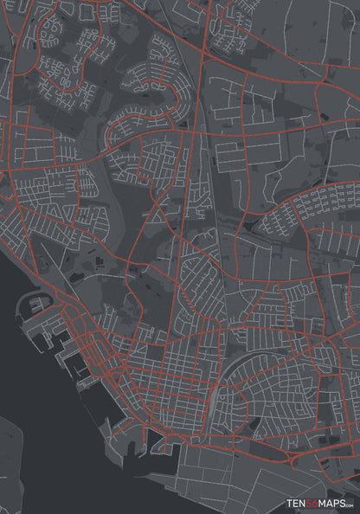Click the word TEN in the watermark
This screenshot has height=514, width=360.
click(x=298, y=503)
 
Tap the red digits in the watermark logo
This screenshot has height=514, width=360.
click(x=313, y=503)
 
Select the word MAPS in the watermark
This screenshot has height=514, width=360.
click(x=332, y=503)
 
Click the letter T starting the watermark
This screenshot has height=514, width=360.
click(x=291, y=503)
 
